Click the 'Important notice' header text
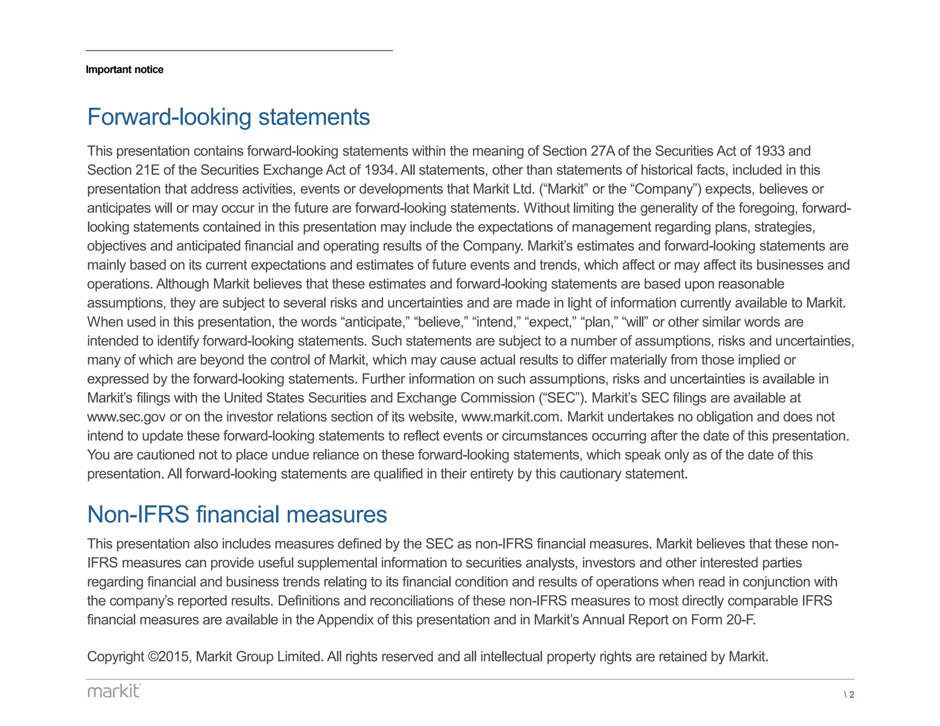[x=124, y=69]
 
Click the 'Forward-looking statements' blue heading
[x=228, y=117]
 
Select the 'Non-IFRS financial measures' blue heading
[x=237, y=514]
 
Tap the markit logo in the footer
[x=114, y=691]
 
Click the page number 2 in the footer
[x=851, y=694]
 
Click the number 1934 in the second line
[x=379, y=170]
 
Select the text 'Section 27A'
[x=579, y=151]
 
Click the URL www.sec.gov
[x=126, y=417]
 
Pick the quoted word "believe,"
[x=440, y=322]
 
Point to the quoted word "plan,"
[x=599, y=322]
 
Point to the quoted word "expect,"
[x=550, y=322]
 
